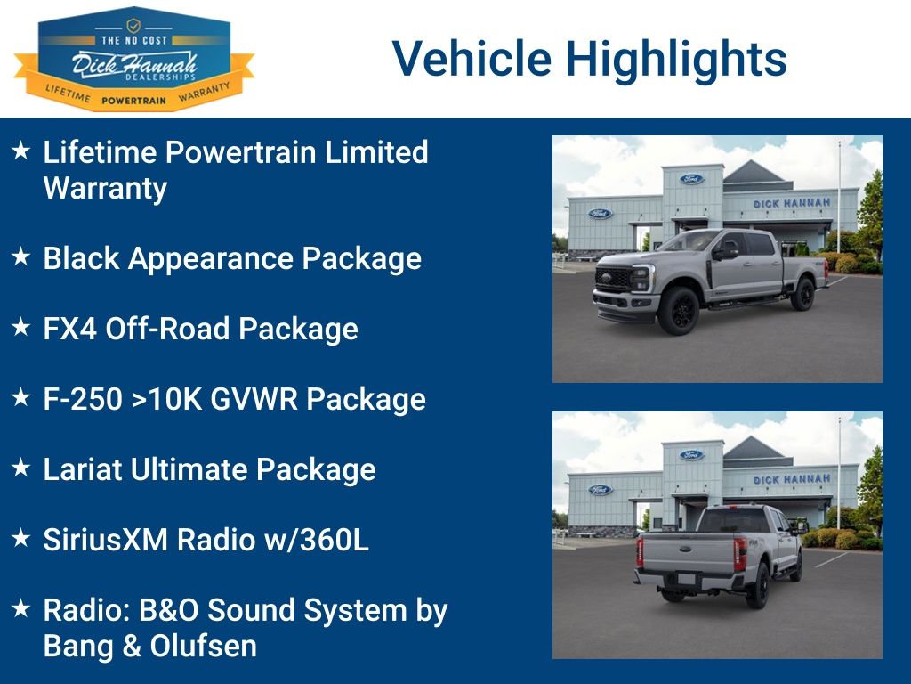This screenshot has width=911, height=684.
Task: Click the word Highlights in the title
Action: pyautogui.click(x=676, y=59)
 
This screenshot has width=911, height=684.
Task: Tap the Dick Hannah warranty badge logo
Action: pyautogui.click(x=133, y=59)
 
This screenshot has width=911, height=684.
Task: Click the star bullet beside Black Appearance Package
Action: pyautogui.click(x=20, y=257)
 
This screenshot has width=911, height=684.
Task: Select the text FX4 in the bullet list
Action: pyautogui.click(x=70, y=330)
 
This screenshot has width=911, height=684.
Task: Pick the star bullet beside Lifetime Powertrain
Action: pyautogui.click(x=20, y=151)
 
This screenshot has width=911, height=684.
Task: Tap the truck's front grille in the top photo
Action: pyautogui.click(x=613, y=279)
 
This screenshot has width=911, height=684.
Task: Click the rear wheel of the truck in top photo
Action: pyautogui.click(x=802, y=294)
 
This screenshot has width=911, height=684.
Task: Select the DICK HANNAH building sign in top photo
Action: pyautogui.click(x=792, y=203)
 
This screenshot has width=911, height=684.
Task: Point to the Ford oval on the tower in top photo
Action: pyautogui.click(x=691, y=179)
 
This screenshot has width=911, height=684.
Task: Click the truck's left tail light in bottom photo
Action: pyautogui.click(x=639, y=551)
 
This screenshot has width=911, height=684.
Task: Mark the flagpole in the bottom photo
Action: pyautogui.click(x=838, y=472)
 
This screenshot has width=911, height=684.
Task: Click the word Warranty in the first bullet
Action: pyautogui.click(x=105, y=189)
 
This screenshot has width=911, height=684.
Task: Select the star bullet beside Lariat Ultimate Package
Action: pyautogui.click(x=20, y=468)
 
